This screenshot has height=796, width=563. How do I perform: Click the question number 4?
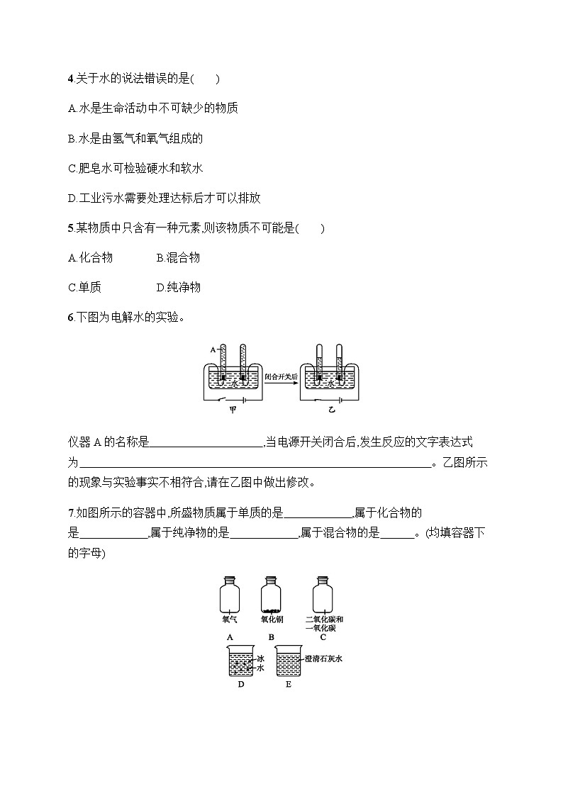coord(70,79)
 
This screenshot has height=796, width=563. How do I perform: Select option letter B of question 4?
coord(71,139)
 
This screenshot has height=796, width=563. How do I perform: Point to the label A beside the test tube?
coord(213,350)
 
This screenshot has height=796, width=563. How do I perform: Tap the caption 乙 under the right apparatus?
coord(330,410)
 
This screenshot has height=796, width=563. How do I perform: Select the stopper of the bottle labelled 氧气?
coord(229,578)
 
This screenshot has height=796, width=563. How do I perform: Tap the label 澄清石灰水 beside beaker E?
coord(324,658)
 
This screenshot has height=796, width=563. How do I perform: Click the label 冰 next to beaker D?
coord(260,658)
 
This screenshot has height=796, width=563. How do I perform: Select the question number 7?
coord(70,512)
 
